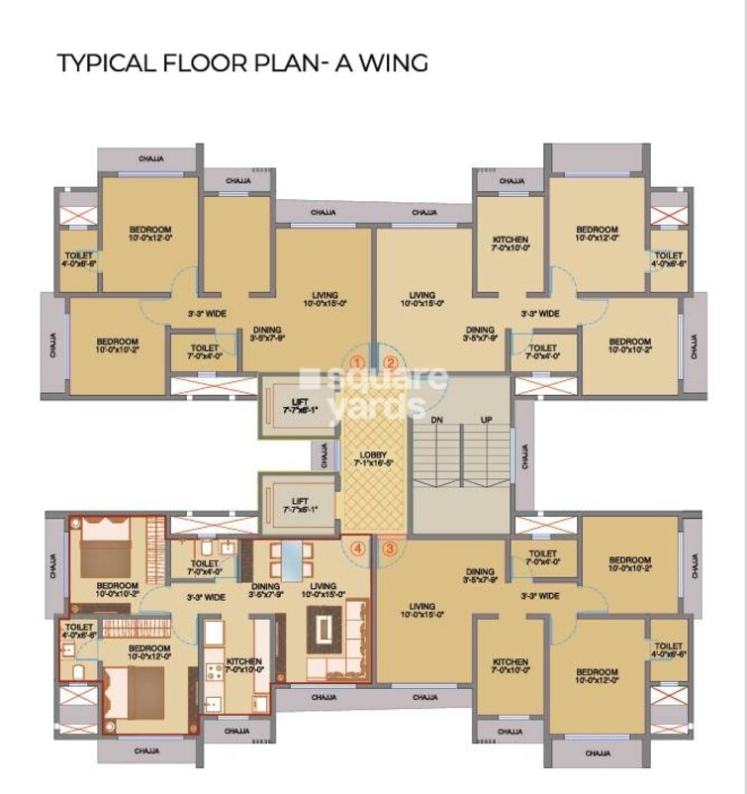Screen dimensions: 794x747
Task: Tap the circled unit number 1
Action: [358, 362]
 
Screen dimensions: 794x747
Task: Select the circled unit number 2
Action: [390, 362]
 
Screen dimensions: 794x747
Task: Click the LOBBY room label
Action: [374, 454]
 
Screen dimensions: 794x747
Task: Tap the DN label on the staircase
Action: [438, 421]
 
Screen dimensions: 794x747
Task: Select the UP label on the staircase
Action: [486, 421]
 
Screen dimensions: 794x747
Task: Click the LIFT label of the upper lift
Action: [298, 401]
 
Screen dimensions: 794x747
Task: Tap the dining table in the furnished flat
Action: [293, 561]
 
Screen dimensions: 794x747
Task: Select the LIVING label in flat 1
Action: [325, 295]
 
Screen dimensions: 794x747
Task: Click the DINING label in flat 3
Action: [480, 571]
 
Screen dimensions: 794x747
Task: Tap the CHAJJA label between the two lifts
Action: [325, 455]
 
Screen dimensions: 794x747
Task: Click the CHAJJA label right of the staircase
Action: [524, 455]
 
